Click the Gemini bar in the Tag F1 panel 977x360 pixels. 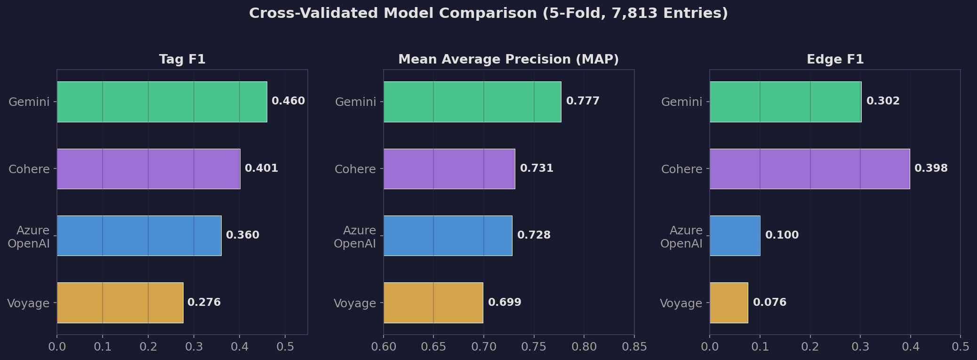(x=162, y=102)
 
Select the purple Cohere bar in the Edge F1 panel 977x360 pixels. (x=809, y=169)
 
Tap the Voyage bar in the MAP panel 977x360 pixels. (x=433, y=303)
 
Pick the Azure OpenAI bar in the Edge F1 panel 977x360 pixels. (x=735, y=236)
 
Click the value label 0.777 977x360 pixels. (x=583, y=101)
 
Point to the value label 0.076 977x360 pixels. (x=769, y=302)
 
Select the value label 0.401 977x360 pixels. (x=261, y=168)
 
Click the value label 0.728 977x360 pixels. (x=534, y=235)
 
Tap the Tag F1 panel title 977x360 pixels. (x=182, y=59)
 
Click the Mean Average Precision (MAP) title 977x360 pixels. (x=508, y=59)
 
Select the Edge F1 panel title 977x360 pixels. (x=835, y=59)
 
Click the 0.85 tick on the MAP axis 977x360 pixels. (x=634, y=347)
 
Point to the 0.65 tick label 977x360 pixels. (x=433, y=347)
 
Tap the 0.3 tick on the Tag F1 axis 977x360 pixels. (x=194, y=347)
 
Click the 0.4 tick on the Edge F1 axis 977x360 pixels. (x=910, y=347)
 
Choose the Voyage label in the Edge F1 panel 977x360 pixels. (x=681, y=304)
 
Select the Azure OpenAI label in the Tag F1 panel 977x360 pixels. (x=29, y=237)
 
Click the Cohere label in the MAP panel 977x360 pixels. (x=355, y=169)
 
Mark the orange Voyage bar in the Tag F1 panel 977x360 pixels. (x=120, y=303)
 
